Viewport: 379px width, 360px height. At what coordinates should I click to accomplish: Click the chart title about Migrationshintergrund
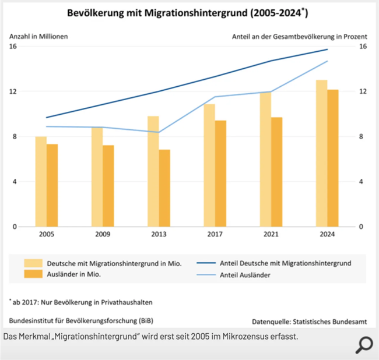coord(188,13)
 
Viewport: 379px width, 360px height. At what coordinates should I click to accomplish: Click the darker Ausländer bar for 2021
coord(276,172)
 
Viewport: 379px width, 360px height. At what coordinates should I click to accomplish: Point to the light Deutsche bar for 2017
coord(209,165)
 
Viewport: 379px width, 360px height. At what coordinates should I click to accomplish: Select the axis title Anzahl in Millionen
coord(39,36)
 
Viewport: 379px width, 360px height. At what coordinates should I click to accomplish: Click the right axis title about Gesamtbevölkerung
coord(299,36)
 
